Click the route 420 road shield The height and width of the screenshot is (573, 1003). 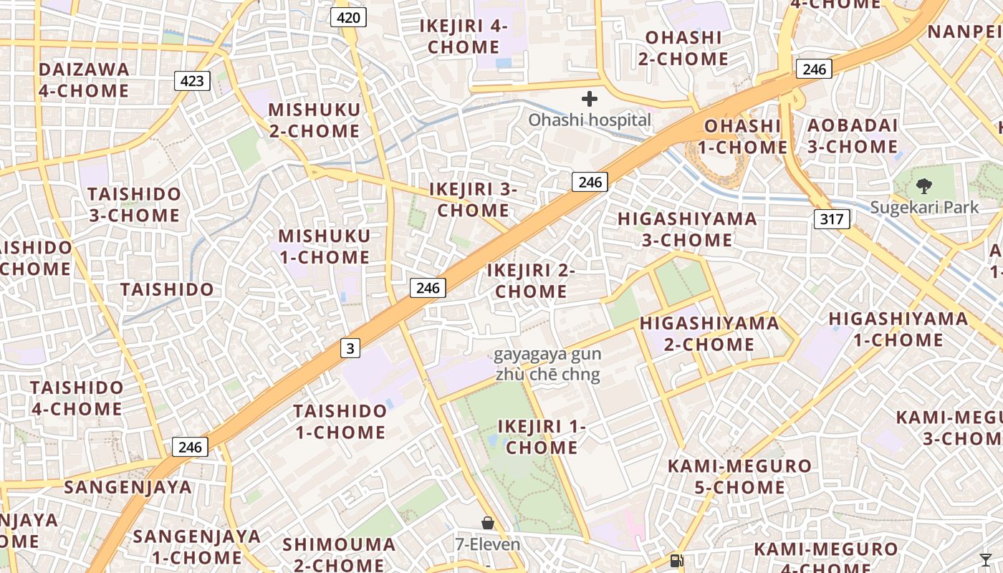tap(348, 17)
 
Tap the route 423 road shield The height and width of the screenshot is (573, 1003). tap(192, 81)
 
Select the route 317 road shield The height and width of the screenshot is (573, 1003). tap(832, 218)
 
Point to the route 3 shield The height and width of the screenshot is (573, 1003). tap(350, 349)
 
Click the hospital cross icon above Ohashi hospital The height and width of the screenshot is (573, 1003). tap(590, 98)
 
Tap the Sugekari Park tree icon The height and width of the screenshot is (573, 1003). tap(924, 186)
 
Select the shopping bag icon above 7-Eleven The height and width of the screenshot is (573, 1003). tap(488, 524)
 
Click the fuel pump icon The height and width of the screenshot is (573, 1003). tap(676, 561)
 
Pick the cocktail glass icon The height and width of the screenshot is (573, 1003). tap(986, 559)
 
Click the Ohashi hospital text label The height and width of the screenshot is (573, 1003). tap(590, 120)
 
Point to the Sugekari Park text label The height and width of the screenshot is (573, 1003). tap(924, 208)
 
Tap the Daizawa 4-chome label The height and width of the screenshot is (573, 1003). tap(84, 80)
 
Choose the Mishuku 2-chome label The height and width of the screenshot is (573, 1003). tap(315, 120)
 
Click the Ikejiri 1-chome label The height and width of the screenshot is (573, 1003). tap(542, 437)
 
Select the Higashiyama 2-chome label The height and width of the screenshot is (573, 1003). tap(709, 334)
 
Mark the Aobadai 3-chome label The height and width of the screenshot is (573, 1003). tap(853, 136)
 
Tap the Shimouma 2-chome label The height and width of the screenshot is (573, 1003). tap(339, 554)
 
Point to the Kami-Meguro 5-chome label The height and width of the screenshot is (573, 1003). tap(739, 477)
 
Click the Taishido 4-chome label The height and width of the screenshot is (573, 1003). tap(77, 398)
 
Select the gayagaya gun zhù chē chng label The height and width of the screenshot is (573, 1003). tap(548, 365)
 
